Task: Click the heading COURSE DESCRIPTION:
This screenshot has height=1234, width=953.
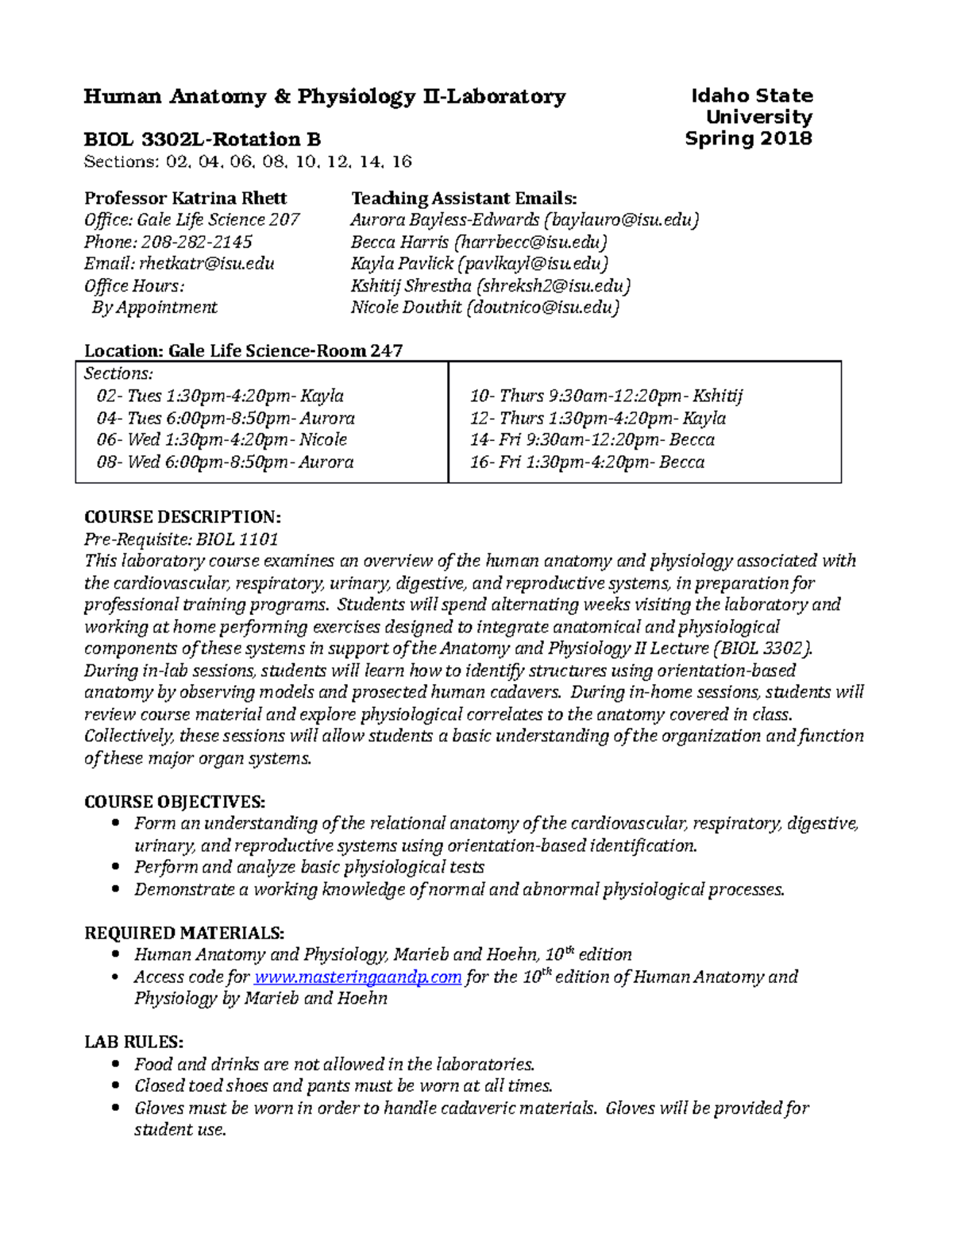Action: [x=183, y=517]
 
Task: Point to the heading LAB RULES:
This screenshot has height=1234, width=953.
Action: [x=134, y=1042]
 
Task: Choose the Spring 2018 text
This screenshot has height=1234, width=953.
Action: [x=748, y=139]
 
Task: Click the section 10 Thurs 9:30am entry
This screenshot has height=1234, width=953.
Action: [x=606, y=396]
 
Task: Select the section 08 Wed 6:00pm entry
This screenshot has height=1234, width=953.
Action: [x=225, y=462]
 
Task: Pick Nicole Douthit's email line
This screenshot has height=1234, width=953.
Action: [x=484, y=308]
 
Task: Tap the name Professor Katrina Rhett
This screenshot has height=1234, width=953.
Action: [x=186, y=199]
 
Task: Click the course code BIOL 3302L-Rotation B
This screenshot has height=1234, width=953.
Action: [x=203, y=140]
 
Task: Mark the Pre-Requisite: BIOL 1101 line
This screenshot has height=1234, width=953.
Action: [x=181, y=540]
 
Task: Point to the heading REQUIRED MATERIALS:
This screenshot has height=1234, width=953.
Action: [x=184, y=933]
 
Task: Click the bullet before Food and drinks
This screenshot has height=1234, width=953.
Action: [x=117, y=1065]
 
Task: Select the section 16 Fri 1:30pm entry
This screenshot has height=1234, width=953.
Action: [x=587, y=462]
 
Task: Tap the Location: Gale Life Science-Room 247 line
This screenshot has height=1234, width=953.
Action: [x=244, y=351]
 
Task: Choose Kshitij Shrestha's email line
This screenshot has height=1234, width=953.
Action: [x=491, y=286]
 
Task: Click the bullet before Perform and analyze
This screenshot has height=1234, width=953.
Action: [x=117, y=868]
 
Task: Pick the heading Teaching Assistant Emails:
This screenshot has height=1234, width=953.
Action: [x=464, y=199]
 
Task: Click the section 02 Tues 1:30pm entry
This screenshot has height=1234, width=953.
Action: [x=220, y=396]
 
